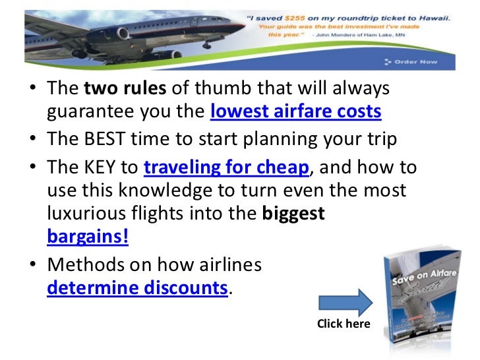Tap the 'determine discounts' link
tap(137, 288)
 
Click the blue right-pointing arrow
tap(345, 301)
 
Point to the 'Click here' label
tap(344, 324)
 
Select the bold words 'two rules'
tap(112, 89)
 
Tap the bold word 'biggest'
tap(293, 214)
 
